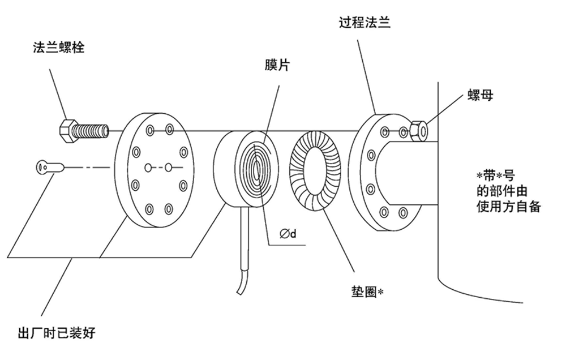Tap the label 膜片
pos(276,66)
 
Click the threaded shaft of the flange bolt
pos(92,131)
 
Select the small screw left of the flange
pos(46,167)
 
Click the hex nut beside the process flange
pos(419,131)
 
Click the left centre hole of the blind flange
pos(147,168)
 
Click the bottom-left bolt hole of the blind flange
pos(148,209)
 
